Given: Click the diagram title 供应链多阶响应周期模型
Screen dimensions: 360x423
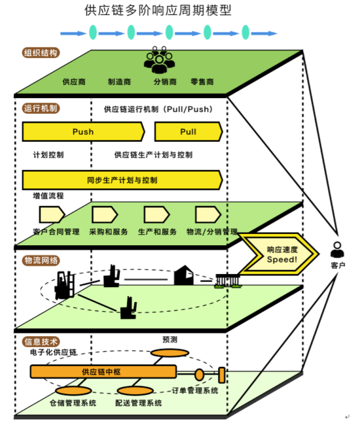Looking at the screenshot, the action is click(158, 10).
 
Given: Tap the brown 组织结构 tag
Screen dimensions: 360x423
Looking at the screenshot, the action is click(41, 52).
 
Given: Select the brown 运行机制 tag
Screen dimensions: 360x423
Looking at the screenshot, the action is click(41, 108).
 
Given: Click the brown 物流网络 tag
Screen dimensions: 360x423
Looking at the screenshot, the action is click(41, 260).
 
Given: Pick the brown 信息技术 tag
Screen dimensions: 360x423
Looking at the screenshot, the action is click(41, 342).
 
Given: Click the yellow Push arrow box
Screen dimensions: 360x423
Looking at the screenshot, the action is click(83, 131).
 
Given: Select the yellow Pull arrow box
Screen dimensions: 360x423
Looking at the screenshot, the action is click(189, 131).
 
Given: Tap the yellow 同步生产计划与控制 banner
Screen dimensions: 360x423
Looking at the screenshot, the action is click(122, 180).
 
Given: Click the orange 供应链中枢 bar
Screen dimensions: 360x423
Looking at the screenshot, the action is click(103, 372).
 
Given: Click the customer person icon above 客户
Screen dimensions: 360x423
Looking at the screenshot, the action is click(337, 250).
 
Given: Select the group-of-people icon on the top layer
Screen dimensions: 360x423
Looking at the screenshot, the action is click(159, 59).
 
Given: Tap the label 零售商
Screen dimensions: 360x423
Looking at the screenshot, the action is click(202, 82).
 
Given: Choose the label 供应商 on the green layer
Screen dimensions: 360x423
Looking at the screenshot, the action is click(74, 82).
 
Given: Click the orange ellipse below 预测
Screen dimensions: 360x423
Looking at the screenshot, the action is click(170, 353).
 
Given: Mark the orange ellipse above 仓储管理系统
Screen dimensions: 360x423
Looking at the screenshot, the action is click(73, 390).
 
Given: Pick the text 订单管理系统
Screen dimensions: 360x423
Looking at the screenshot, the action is click(195, 390).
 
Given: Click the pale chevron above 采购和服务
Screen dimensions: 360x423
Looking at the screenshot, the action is click(105, 214).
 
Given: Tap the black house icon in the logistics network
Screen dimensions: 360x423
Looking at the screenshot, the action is click(184, 275).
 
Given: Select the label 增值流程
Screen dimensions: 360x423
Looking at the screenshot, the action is click(48, 195).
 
